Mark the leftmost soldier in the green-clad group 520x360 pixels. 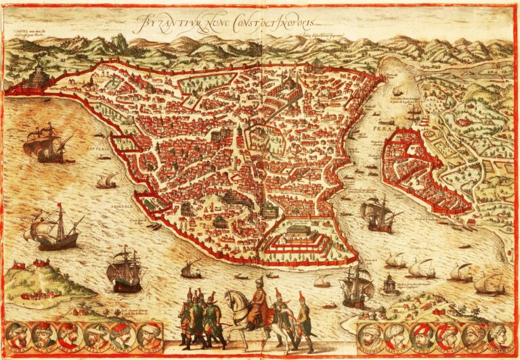185,318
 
